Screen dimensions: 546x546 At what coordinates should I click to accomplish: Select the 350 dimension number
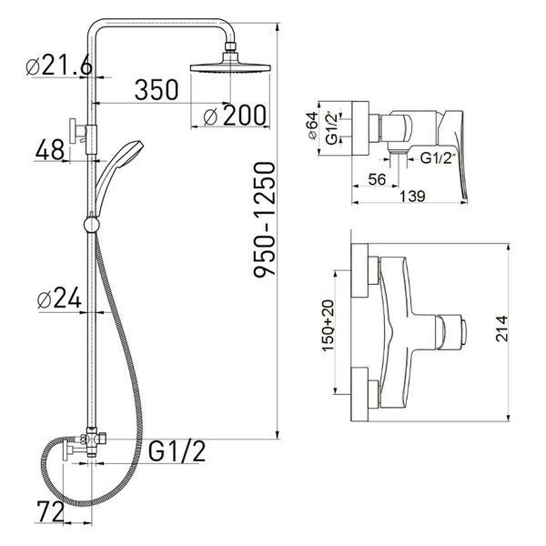click(x=157, y=90)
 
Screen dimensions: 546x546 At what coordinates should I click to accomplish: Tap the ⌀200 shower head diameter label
click(x=235, y=116)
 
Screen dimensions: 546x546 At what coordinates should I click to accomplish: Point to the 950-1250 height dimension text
click(x=264, y=219)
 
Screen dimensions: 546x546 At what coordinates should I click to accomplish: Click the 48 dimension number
click(x=50, y=149)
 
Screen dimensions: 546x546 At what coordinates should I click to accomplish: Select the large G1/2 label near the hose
click(x=177, y=450)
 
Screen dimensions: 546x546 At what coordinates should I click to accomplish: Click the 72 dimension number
click(x=51, y=511)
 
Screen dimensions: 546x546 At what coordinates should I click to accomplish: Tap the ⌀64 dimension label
click(x=313, y=126)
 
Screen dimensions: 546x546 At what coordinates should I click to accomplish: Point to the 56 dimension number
click(x=377, y=179)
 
